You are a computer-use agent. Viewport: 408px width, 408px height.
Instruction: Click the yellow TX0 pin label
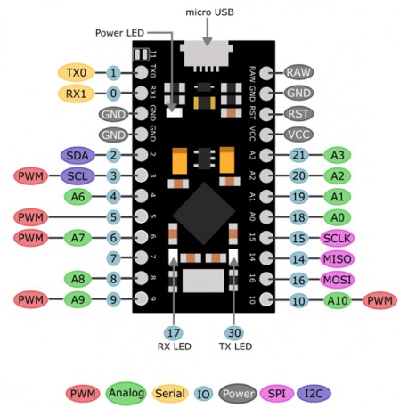(75, 72)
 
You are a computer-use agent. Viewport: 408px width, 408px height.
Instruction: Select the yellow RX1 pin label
(75, 93)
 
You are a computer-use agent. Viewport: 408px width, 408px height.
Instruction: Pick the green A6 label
(77, 195)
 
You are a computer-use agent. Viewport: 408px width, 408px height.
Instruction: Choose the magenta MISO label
(337, 258)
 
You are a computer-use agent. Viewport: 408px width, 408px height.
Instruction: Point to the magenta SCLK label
(337, 238)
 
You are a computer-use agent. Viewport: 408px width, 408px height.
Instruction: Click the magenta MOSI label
(337, 280)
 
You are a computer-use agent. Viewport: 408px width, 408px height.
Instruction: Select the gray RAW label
(298, 72)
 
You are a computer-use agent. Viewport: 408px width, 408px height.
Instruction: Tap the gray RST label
(298, 114)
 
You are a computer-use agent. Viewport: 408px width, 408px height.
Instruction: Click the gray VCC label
(298, 135)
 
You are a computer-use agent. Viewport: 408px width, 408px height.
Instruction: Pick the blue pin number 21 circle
(298, 155)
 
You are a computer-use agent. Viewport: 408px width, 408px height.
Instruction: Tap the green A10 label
(337, 300)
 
